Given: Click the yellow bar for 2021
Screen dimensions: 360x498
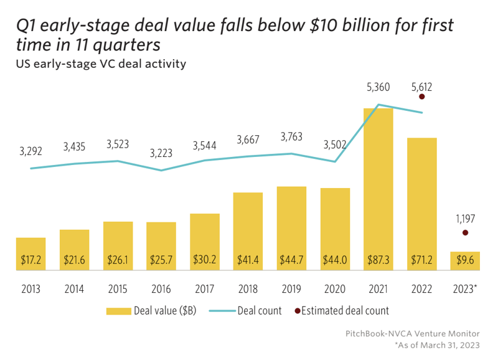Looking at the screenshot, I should pyautogui.click(x=378, y=187).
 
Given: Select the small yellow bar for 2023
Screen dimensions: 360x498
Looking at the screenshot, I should pyautogui.click(x=465, y=261).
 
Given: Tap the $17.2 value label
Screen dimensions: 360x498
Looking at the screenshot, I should pyautogui.click(x=31, y=260).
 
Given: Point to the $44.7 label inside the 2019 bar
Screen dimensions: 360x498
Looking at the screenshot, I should pyautogui.click(x=291, y=260).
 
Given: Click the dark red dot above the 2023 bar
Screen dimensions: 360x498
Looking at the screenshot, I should pyautogui.click(x=465, y=233).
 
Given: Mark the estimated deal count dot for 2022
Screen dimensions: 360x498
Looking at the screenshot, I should pyautogui.click(x=422, y=97).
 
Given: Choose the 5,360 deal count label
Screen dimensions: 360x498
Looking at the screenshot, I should pyautogui.click(x=378, y=87).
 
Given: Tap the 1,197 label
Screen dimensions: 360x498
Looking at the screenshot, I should pyautogui.click(x=465, y=218).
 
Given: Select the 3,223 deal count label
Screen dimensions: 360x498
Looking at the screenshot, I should pyautogui.click(x=161, y=151).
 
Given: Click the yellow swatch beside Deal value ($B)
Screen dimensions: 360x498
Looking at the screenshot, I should pyautogui.click(x=119, y=311).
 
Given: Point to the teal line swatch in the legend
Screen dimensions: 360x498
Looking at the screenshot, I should pyautogui.click(x=221, y=311).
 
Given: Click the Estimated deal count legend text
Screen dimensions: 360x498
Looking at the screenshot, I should pyautogui.click(x=345, y=311).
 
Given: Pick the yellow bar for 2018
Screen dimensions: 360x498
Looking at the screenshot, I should pyautogui.click(x=248, y=231).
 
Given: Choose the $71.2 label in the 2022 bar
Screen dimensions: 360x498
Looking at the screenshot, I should pyautogui.click(x=422, y=260).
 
